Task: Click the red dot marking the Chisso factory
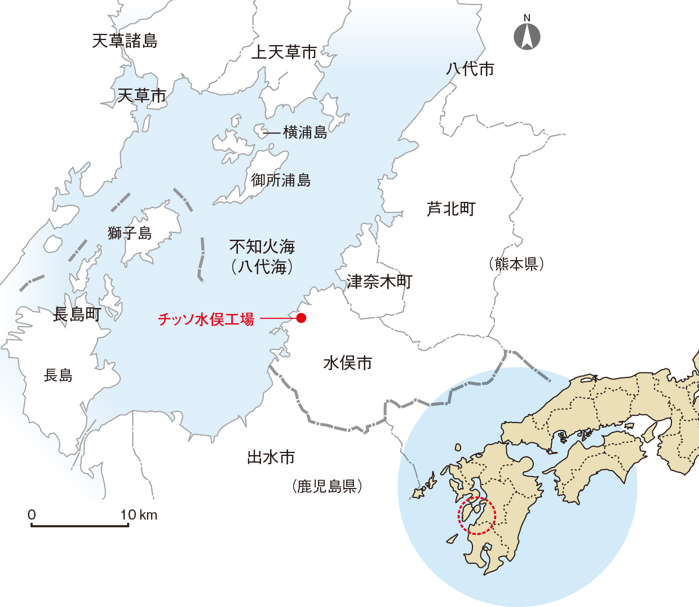click(x=302, y=318)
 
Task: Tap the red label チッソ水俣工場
click(x=206, y=319)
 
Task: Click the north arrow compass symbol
click(x=527, y=36)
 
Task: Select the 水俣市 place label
click(x=348, y=363)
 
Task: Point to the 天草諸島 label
click(x=125, y=41)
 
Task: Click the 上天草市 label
click(x=284, y=52)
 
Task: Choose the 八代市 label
click(x=470, y=69)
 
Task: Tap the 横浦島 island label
click(x=305, y=132)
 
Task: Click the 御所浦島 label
click(x=281, y=180)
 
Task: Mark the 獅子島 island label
click(x=130, y=232)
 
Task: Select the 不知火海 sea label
click(x=262, y=247)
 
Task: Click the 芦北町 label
click(x=451, y=209)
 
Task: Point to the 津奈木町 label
click(x=379, y=281)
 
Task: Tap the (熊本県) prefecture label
click(x=516, y=263)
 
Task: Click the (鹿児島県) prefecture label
click(x=327, y=486)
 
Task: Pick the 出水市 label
click(x=271, y=457)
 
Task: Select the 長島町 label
click(x=77, y=314)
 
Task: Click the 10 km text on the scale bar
click(x=139, y=514)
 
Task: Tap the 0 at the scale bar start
click(x=32, y=514)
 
